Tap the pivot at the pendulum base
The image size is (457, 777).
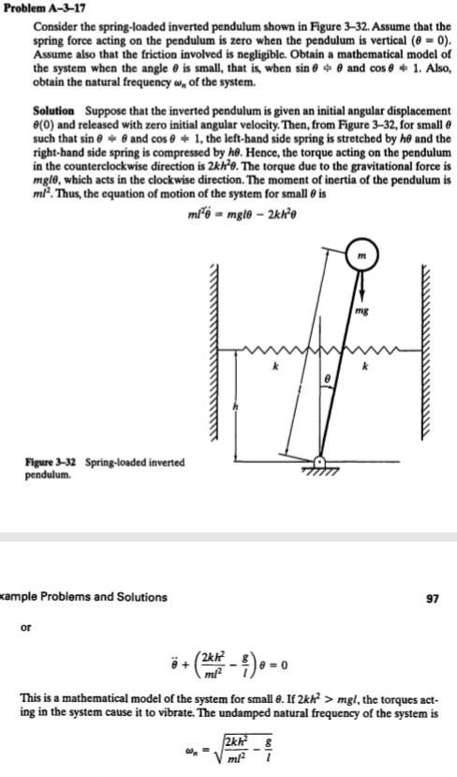[x=321, y=461]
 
